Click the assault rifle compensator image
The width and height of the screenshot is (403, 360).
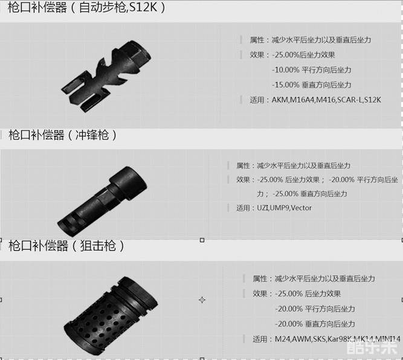(106, 77)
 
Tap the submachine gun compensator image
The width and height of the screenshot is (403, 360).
(102, 201)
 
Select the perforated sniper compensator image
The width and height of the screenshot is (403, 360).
(111, 316)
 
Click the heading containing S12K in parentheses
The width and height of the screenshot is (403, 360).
(86, 7)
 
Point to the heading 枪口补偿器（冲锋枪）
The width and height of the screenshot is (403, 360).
(62, 135)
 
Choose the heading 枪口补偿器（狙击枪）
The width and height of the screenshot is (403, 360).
(66, 246)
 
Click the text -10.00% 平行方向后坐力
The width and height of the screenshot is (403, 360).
(312, 70)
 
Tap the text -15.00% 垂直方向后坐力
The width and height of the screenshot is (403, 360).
(312, 85)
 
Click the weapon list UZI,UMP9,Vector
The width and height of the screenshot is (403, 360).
(284, 208)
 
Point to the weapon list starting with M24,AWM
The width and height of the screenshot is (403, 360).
(338, 339)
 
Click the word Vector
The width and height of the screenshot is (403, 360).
(301, 208)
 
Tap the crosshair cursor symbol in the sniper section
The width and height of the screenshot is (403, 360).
(202, 300)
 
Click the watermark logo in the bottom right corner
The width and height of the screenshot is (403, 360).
(372, 349)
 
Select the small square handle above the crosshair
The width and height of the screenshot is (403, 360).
(202, 240)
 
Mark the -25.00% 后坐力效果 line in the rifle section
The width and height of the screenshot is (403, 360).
(303, 55)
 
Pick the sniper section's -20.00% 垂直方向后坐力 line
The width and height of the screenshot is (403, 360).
(315, 324)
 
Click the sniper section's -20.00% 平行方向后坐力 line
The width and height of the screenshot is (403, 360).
(315, 309)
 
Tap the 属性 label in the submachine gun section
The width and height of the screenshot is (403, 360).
(243, 166)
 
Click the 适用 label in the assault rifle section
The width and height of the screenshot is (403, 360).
(257, 100)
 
